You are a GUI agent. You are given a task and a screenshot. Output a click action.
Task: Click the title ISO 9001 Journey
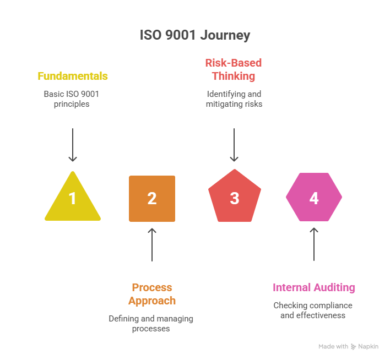click(x=195, y=36)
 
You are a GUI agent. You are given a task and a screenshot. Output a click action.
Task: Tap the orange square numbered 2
click(x=152, y=198)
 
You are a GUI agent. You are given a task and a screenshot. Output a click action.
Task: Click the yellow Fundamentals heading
click(x=73, y=76)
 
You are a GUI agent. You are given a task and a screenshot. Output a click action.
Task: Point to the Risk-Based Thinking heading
click(x=234, y=69)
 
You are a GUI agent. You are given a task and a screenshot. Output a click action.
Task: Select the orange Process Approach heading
click(x=152, y=294)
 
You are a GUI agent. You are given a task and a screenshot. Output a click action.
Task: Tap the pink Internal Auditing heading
click(x=314, y=287)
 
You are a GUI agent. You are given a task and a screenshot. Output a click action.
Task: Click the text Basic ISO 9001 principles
click(x=71, y=99)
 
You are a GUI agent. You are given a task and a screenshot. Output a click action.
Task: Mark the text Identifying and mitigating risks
click(x=234, y=99)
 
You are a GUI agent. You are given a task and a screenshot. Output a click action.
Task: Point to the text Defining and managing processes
click(x=151, y=324)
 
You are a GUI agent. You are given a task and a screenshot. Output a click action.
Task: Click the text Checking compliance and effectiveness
click(x=313, y=310)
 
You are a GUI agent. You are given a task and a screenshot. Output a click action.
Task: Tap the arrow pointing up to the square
click(x=152, y=244)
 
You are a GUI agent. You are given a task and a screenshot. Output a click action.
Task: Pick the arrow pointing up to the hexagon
click(x=314, y=244)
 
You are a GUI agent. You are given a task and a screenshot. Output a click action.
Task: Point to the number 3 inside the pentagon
click(x=234, y=198)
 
